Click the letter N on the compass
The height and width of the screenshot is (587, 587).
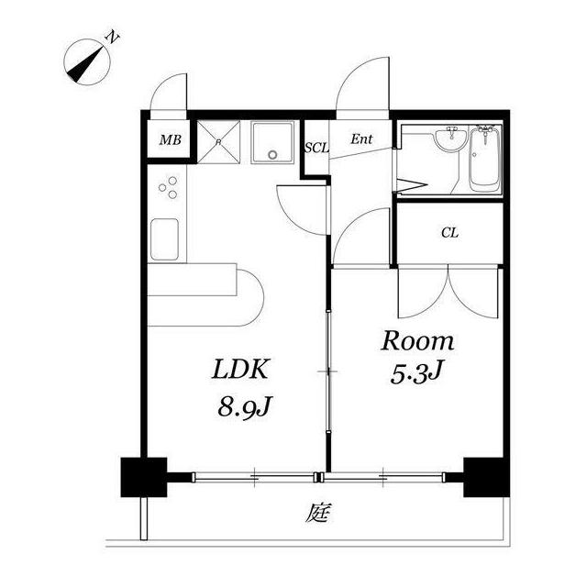pyautogui.click(x=112, y=37)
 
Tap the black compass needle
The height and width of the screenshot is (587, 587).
pyautogui.click(x=85, y=63)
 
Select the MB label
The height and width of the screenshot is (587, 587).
pyautogui.click(x=171, y=140)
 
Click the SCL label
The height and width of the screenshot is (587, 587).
pyautogui.click(x=316, y=148)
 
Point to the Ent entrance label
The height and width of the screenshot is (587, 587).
pyautogui.click(x=361, y=139)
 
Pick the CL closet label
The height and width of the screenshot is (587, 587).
pyautogui.click(x=449, y=233)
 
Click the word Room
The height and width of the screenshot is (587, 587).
pyautogui.click(x=417, y=341)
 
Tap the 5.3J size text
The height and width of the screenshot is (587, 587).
pyautogui.click(x=416, y=374)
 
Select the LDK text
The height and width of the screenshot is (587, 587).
pyautogui.click(x=240, y=369)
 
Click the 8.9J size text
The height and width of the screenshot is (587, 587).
pyautogui.click(x=244, y=407)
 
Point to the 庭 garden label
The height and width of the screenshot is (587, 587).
pyautogui.click(x=318, y=513)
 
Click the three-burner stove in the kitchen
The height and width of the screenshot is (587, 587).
pyautogui.click(x=167, y=187)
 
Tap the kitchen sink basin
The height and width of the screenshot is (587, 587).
pyautogui.click(x=164, y=239)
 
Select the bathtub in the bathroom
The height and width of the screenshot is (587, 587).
pyautogui.click(x=485, y=159)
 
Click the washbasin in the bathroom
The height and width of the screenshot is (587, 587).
pyautogui.click(x=451, y=138)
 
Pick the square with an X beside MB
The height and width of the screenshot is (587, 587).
pyautogui.click(x=218, y=141)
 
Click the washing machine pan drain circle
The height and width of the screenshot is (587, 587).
pyautogui.click(x=272, y=154)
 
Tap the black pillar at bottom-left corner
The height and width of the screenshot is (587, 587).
pyautogui.click(x=144, y=477)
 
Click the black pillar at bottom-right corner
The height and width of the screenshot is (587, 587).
pyautogui.click(x=486, y=477)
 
